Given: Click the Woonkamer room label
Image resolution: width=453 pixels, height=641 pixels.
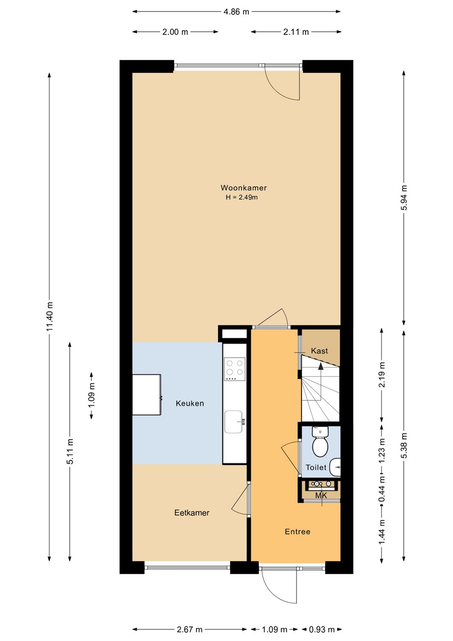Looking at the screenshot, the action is [x=244, y=188].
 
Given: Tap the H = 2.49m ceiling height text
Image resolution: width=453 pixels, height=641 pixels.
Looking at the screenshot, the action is [x=242, y=197].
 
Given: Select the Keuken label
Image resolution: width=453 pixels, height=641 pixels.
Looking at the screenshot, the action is [x=190, y=403].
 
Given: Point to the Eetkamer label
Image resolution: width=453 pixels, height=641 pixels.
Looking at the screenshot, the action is [x=192, y=512].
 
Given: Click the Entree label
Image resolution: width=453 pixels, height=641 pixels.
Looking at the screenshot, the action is [x=297, y=531].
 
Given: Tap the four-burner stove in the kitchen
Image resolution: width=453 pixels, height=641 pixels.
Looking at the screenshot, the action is [x=235, y=369].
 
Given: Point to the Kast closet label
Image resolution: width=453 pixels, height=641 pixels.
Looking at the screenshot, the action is [x=320, y=351].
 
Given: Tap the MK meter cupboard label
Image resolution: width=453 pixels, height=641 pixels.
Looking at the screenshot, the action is [x=321, y=495].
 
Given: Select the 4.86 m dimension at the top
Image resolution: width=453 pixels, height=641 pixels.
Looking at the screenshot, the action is [x=236, y=12].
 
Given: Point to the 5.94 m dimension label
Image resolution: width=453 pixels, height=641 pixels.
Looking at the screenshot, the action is [x=404, y=198].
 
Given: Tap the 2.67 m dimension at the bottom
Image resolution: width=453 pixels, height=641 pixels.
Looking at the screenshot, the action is [x=189, y=629].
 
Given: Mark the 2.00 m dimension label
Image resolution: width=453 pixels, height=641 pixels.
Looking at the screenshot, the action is [x=175, y=32].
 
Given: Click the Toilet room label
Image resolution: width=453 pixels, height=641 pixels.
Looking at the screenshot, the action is [x=316, y=467].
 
